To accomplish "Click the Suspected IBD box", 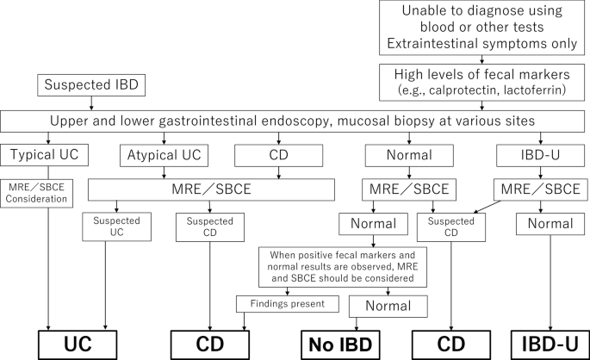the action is (91, 85).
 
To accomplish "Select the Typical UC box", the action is (45, 155).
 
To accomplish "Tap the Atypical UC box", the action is (164, 155).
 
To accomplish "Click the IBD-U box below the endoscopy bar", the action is (540, 155).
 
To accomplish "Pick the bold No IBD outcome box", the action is (340, 344).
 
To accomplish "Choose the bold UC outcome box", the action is (78, 344).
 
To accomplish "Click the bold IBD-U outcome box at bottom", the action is (550, 344).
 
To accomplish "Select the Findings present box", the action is (288, 304).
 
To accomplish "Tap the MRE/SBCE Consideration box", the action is (36, 194).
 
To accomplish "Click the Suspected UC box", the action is (116, 227).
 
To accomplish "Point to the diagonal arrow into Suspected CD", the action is (487, 207).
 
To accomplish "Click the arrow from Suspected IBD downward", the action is (91, 103).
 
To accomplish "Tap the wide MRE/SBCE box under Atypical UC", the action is (211, 189).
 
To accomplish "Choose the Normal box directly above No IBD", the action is (388, 307).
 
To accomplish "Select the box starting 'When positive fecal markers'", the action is (343, 267).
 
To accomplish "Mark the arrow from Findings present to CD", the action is (245, 321).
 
